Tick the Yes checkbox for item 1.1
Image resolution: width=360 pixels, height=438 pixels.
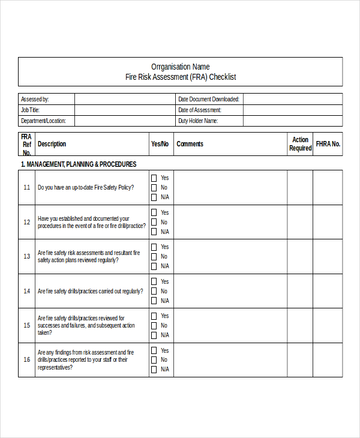154,178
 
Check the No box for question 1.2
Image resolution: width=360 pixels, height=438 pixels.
154,222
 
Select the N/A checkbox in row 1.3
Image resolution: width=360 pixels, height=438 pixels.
154,266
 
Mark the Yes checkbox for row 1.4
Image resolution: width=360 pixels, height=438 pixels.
154,281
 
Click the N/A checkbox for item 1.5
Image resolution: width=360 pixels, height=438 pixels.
154,335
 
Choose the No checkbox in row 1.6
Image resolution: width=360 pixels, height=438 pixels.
154,360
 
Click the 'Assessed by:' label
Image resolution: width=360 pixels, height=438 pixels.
35,99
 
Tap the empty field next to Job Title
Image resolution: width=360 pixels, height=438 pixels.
124,110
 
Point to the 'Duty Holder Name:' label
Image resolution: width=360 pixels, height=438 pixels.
198,121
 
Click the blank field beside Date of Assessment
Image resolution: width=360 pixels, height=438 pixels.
293,110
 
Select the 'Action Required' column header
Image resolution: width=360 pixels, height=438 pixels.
300,144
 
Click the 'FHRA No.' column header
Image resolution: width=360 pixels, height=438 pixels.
328,144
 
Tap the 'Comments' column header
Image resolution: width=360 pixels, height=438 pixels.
190,144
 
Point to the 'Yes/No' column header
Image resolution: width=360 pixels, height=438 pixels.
160,144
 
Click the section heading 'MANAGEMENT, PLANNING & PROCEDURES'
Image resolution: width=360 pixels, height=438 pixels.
79,164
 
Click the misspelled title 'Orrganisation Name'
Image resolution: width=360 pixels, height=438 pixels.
180,67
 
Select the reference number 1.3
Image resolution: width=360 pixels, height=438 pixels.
26,256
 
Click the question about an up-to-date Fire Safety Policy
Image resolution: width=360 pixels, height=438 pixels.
86,187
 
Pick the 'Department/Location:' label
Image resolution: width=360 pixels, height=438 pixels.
43,121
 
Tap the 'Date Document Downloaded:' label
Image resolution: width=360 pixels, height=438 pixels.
208,99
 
